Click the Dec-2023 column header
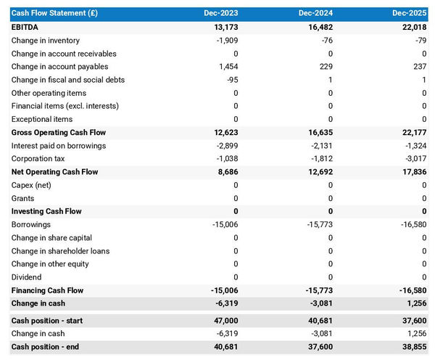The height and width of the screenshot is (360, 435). pyautogui.click(x=222, y=13)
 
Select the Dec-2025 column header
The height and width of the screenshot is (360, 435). pyautogui.click(x=410, y=13)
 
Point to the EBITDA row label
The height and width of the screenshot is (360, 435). pyautogui.click(x=26, y=27)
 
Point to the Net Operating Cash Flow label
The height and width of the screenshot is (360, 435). pyautogui.click(x=54, y=172)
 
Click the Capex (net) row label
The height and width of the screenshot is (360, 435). pyautogui.click(x=33, y=185)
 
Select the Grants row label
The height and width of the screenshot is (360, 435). pyautogui.click(x=24, y=198)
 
